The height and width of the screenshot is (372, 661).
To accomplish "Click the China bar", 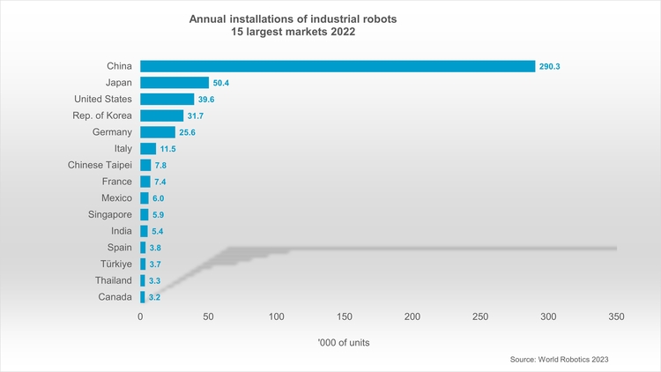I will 338,66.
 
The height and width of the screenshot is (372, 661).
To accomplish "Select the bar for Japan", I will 175,83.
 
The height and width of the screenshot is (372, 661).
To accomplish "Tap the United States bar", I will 167,99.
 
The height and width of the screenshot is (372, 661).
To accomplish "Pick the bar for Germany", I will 158,132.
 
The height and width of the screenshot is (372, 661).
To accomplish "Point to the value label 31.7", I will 197,115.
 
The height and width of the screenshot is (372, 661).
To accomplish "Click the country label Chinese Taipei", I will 100,165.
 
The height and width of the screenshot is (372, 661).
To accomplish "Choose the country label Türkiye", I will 114,264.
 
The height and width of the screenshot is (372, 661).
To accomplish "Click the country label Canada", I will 113,297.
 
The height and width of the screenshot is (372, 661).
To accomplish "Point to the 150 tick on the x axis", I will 345,316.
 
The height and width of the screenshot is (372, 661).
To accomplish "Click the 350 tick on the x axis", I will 616,316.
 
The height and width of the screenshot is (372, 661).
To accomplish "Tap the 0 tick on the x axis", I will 140,316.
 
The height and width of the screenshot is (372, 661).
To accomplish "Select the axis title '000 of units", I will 344,342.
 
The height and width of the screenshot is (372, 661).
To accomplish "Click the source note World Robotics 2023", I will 559,360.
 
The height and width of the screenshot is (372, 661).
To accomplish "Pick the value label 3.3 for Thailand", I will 154,280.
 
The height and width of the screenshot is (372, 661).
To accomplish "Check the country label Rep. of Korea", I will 101,115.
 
